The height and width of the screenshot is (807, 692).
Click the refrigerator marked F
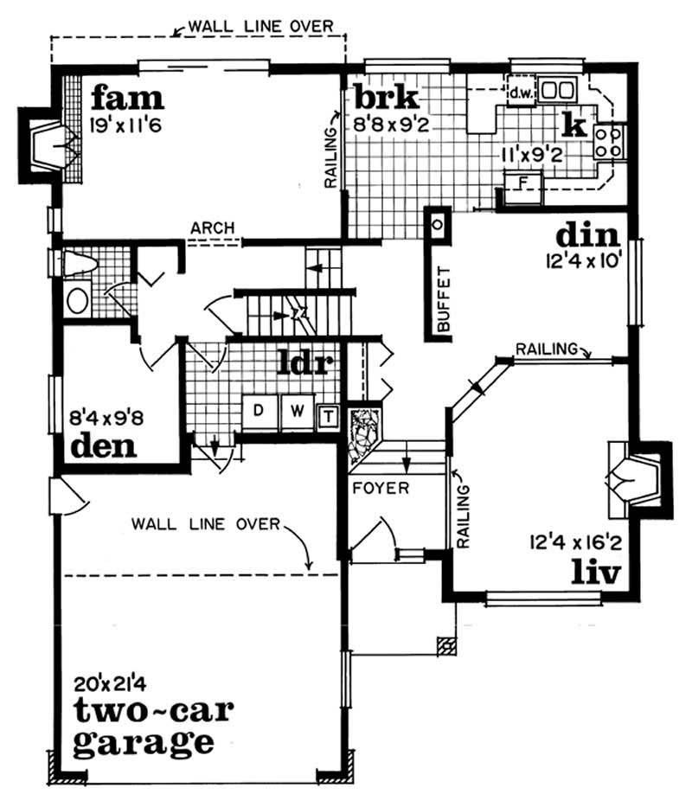pyautogui.click(x=522, y=183)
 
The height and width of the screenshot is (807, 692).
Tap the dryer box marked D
pyautogui.click(x=258, y=411)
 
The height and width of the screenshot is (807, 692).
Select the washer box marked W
pyautogui.click(x=296, y=411)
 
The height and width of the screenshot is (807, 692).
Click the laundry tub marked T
pyautogui.click(x=328, y=416)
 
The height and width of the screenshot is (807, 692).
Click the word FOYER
pyautogui.click(x=380, y=488)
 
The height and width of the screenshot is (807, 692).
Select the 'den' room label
pyautogui.click(x=105, y=447)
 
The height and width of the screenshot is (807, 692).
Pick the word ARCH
pyautogui.click(x=213, y=227)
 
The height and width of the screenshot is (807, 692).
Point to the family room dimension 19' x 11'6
pyautogui.click(x=126, y=125)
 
